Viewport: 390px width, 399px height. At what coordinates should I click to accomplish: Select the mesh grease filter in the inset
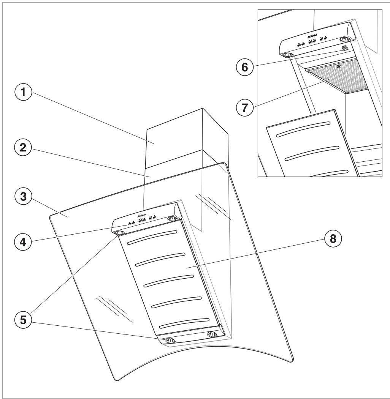(x=335, y=78)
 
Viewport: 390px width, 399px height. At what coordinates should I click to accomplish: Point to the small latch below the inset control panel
(x=344, y=48)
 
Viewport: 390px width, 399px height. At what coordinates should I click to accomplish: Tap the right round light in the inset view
(x=345, y=39)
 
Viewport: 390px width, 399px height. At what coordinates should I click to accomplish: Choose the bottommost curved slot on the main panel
(x=184, y=322)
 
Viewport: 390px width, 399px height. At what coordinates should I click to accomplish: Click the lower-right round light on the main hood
(x=211, y=334)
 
